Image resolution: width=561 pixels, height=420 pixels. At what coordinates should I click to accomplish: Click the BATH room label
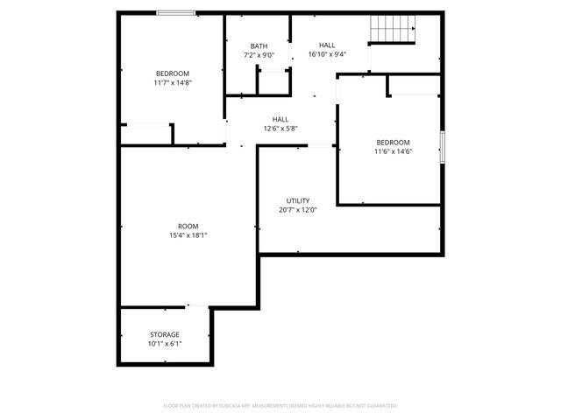(x=259, y=46)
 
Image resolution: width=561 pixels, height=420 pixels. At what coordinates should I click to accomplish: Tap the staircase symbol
(x=391, y=30)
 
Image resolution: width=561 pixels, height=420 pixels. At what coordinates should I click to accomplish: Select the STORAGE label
(x=164, y=334)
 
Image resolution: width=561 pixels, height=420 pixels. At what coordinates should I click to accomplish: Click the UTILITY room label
(x=297, y=200)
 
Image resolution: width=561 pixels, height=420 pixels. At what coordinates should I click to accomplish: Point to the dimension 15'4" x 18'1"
(x=188, y=234)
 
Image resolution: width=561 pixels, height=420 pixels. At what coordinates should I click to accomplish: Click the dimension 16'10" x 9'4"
(x=327, y=54)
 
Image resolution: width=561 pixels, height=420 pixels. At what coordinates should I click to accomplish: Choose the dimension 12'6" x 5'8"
(x=280, y=129)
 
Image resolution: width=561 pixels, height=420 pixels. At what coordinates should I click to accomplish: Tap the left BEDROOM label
(x=173, y=73)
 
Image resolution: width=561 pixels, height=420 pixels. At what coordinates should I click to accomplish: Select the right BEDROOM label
(x=393, y=142)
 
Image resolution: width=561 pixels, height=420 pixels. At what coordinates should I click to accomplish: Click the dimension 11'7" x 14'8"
(x=173, y=82)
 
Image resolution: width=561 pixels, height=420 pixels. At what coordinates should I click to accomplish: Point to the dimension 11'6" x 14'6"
(x=393, y=151)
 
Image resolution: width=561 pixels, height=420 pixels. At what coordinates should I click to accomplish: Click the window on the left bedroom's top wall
(x=176, y=13)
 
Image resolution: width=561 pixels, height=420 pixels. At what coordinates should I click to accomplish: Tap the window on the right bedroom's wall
(x=443, y=145)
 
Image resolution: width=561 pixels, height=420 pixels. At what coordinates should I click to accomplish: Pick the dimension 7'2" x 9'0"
(x=259, y=55)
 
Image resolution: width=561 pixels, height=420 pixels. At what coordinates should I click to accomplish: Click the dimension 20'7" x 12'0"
(x=297, y=210)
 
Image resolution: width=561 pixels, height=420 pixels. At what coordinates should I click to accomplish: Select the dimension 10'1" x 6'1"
(x=164, y=343)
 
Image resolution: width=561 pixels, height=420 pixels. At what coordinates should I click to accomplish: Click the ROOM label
(x=188, y=225)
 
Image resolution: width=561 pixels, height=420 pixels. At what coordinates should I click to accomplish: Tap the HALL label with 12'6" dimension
(x=280, y=119)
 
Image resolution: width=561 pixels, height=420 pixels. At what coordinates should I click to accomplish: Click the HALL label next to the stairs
(x=327, y=45)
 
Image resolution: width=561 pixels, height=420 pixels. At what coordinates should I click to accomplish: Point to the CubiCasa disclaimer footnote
(x=280, y=406)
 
